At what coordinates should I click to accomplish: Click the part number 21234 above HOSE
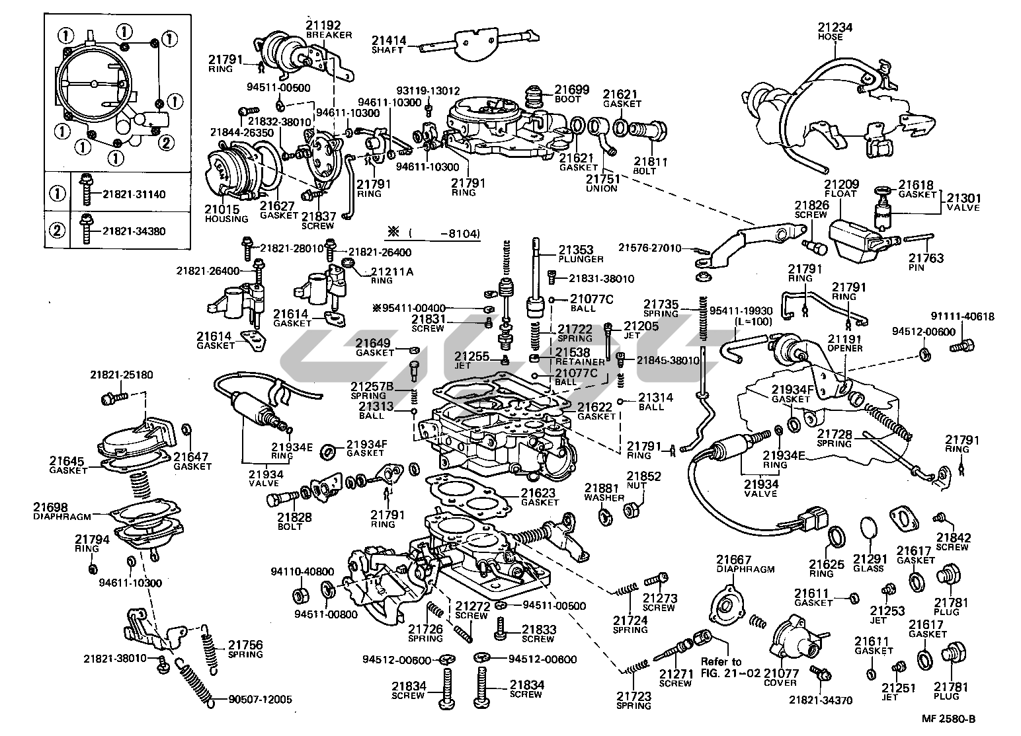coord(835,27)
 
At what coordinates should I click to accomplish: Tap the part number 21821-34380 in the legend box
coord(133,231)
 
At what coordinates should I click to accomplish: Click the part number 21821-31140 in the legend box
coord(133,194)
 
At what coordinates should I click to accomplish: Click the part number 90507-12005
coord(260,700)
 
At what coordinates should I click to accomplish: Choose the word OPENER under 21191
coord(845,348)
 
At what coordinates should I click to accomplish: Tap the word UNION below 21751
coord(601,188)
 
